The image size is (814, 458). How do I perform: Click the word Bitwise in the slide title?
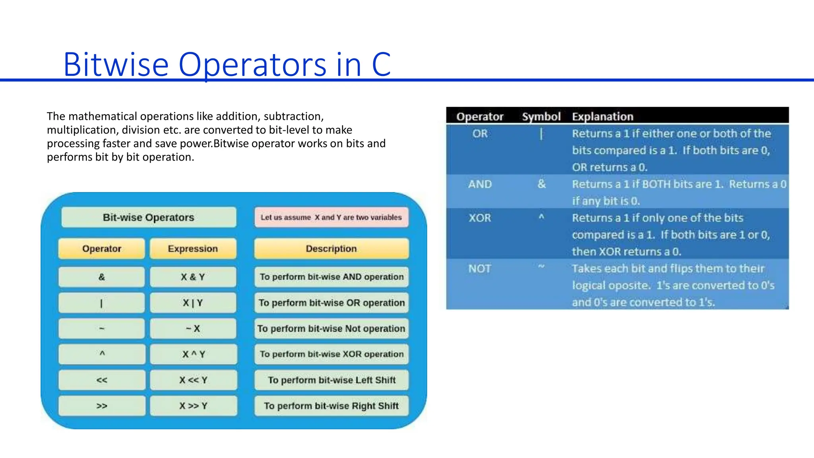[116, 64]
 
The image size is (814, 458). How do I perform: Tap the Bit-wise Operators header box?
[149, 217]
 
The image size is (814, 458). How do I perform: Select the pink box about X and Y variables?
[331, 217]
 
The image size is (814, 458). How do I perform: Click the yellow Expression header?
[193, 248]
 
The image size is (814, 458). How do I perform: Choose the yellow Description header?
[331, 248]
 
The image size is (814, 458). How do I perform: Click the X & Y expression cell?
[193, 277]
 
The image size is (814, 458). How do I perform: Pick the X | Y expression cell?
[193, 303]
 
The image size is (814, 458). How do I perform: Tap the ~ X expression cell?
[193, 328]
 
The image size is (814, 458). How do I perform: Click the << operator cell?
[102, 380]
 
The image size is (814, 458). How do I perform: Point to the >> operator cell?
[102, 406]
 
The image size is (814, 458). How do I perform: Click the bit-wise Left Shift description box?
[331, 380]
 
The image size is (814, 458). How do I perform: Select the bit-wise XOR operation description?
[331, 354]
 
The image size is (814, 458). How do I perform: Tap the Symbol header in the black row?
[541, 116]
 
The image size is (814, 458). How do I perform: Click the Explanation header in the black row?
[602, 116]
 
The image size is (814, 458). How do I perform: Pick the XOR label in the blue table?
[480, 218]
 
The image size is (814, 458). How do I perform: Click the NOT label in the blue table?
[480, 269]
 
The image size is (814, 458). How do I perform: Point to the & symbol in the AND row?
[541, 184]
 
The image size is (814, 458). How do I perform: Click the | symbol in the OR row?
[541, 134]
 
